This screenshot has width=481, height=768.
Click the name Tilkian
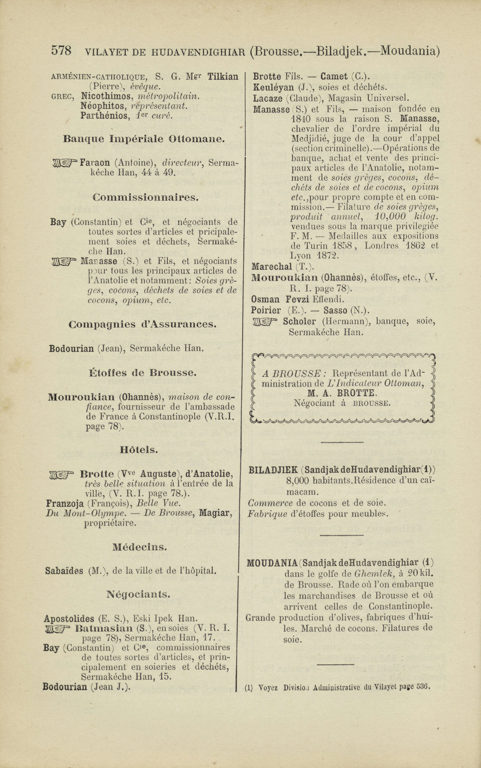223,76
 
